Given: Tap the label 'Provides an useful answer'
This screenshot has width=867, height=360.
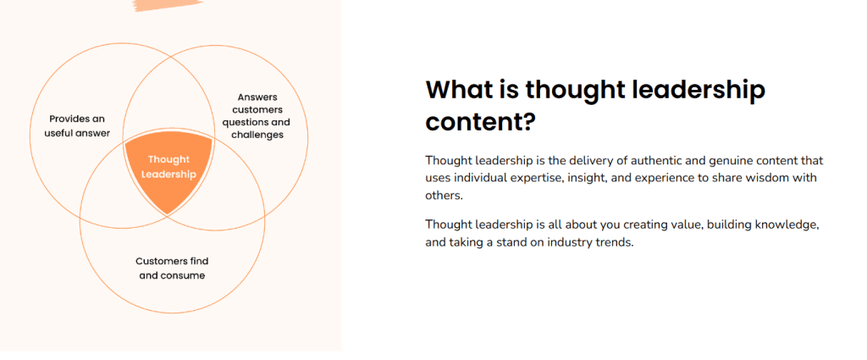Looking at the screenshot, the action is (x=77, y=126).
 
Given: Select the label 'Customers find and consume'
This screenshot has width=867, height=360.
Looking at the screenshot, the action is (x=172, y=269).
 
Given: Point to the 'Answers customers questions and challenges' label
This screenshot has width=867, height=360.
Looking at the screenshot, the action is (x=257, y=116).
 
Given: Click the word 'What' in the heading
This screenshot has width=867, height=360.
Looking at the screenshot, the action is (x=466, y=90).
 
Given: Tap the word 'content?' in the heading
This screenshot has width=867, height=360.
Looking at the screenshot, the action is (x=481, y=122).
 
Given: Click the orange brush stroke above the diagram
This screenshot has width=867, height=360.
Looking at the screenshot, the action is (x=168, y=6).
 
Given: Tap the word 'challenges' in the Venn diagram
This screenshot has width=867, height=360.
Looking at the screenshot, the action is (x=257, y=135).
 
